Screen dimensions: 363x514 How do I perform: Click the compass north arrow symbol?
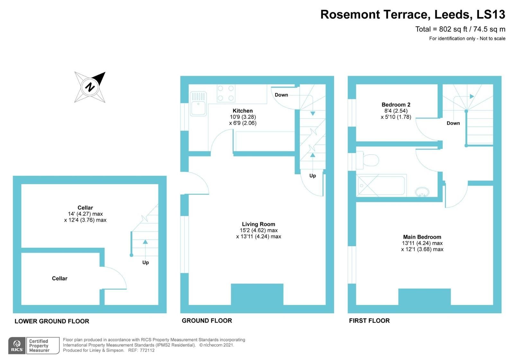pyautogui.click(x=90, y=87)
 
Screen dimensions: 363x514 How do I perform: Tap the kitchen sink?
pyautogui.click(x=198, y=104)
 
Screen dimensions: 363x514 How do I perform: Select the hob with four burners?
pyautogui.click(x=226, y=93)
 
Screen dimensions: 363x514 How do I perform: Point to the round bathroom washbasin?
pyautogui.click(x=422, y=192)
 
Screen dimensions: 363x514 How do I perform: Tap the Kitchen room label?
pyautogui.click(x=243, y=111)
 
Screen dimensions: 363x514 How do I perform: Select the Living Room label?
pyautogui.click(x=258, y=224)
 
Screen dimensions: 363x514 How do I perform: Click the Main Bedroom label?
pyautogui.click(x=422, y=237)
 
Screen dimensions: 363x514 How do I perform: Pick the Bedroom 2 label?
pyautogui.click(x=396, y=105)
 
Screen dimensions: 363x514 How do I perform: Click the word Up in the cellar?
pyautogui.click(x=146, y=263)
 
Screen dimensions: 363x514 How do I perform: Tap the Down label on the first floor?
pyautogui.click(x=453, y=123)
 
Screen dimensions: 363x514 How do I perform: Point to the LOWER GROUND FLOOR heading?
pyautogui.click(x=52, y=321)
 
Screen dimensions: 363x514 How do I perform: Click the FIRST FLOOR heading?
pyautogui.click(x=369, y=321)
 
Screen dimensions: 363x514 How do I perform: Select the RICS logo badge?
pyautogui.click(x=16, y=346)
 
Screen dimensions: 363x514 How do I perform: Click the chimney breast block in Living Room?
pyautogui.click(x=257, y=294)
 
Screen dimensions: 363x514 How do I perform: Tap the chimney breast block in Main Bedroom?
pyautogui.click(x=424, y=297)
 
